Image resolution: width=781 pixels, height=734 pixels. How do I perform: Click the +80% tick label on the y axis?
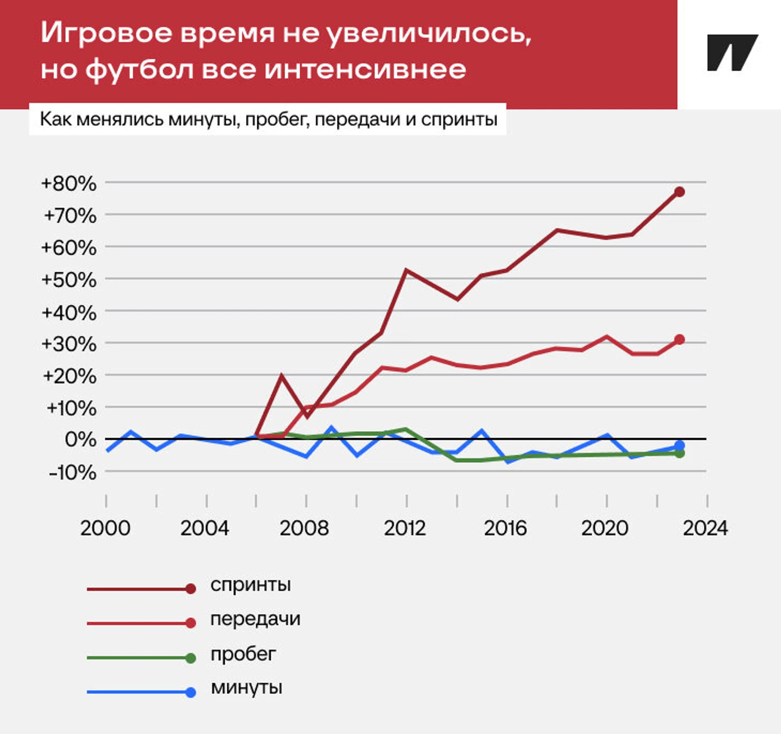tap(69, 183)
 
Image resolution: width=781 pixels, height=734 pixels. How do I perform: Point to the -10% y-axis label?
tap(73, 472)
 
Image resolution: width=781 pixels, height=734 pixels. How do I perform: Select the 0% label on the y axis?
tap(80, 440)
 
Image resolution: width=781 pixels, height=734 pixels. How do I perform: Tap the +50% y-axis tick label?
tap(69, 280)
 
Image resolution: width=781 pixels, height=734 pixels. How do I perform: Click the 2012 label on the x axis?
tap(405, 528)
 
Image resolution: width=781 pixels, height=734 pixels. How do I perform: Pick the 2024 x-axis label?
tap(706, 528)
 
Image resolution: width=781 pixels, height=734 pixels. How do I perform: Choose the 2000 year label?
tap(105, 528)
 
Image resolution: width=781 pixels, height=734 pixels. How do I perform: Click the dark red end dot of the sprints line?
tap(679, 192)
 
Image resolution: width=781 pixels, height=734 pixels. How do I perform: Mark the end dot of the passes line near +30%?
tap(679, 339)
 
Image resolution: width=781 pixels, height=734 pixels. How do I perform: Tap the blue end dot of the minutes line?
tap(679, 445)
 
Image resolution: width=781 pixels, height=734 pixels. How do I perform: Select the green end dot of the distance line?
tap(679, 454)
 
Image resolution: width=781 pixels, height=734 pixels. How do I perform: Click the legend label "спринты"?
tap(250, 585)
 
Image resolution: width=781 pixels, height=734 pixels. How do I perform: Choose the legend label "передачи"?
tap(255, 619)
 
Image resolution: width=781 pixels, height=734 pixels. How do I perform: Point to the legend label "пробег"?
tap(243, 654)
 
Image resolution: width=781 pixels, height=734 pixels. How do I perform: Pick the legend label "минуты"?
tap(247, 687)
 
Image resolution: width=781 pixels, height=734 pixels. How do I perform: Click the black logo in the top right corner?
tap(732, 52)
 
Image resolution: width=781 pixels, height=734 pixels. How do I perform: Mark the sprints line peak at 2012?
tap(406, 270)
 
